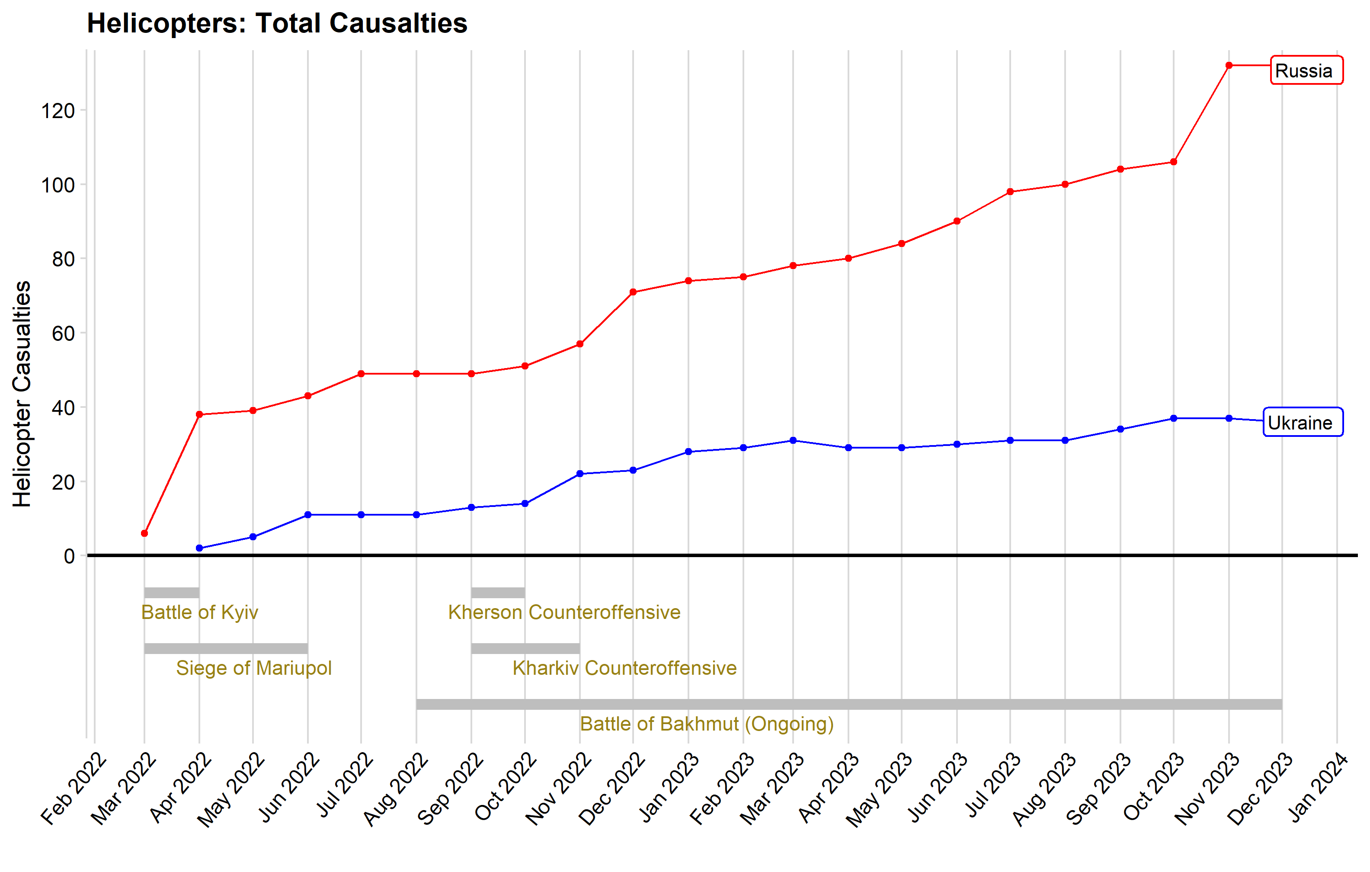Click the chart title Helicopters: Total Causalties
click(277, 23)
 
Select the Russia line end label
click(1306, 71)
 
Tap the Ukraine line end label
click(1303, 422)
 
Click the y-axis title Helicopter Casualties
click(22, 394)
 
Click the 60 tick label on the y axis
click(63, 333)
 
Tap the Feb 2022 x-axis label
click(74, 789)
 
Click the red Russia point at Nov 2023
click(1229, 65)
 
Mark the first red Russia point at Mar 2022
click(144, 533)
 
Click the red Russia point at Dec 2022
click(633, 292)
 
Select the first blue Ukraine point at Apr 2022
click(199, 548)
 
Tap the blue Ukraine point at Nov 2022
click(580, 474)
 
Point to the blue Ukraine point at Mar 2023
click(793, 441)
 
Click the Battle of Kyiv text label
click(200, 612)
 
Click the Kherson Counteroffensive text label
click(564, 612)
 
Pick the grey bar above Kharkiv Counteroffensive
click(526, 648)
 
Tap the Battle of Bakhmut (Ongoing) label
click(707, 724)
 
